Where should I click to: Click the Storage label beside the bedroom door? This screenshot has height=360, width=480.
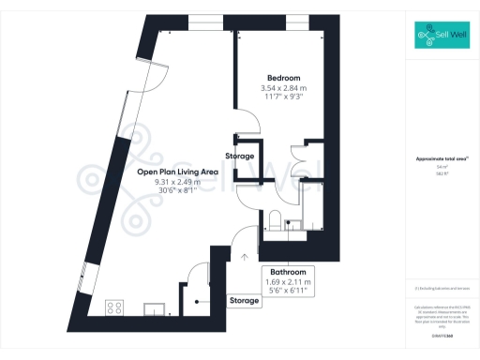tap(240, 156)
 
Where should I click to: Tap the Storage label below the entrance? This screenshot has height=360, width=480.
tap(246, 301)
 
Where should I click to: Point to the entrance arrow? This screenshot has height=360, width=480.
tap(246, 254)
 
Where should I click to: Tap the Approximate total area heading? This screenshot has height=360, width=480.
tap(440, 160)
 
